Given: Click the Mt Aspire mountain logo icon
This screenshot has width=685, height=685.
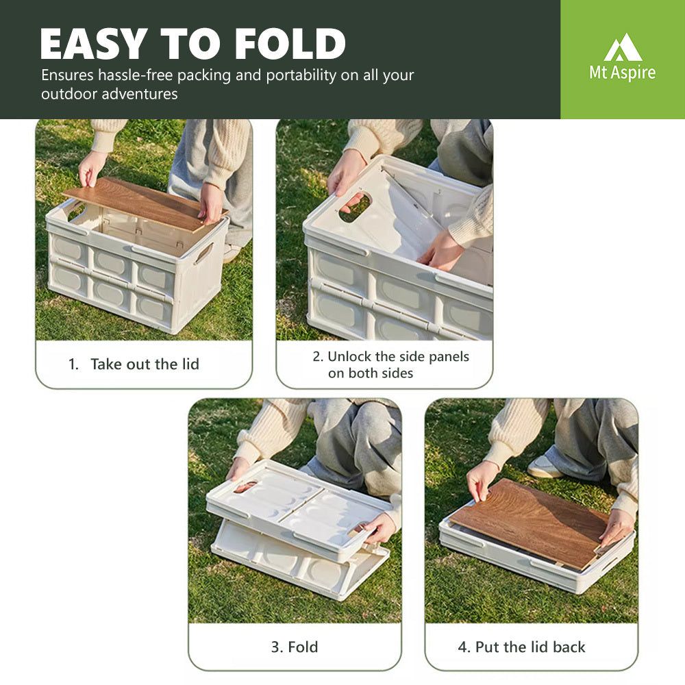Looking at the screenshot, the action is coord(623,47).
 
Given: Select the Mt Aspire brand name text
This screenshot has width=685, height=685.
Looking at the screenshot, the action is coord(622,72).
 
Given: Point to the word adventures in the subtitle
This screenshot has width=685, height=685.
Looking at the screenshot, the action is coord(140,94).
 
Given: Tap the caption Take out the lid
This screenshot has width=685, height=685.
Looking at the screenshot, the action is coord(145,364).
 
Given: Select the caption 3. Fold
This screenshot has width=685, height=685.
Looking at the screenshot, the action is coord(295,647).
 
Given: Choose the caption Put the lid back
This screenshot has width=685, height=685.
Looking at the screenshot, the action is coord(530,647).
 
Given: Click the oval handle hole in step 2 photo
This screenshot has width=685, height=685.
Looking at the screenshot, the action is coord(355,207).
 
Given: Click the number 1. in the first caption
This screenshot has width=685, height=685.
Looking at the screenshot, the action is coord(73,364).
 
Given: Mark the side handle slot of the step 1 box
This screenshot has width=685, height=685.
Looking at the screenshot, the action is coord(203,254).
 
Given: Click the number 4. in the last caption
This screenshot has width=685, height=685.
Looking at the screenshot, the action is coord(464,647).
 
